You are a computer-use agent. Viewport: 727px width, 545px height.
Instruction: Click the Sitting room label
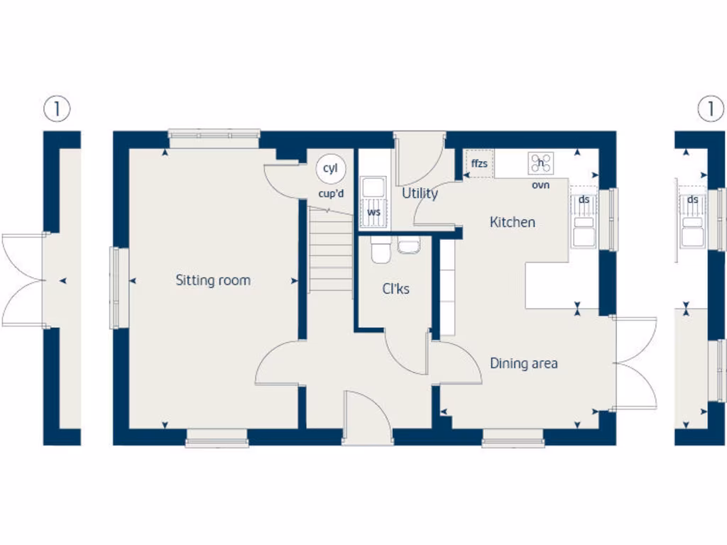tap(213, 280)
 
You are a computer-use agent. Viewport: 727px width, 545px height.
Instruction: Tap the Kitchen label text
tap(513, 222)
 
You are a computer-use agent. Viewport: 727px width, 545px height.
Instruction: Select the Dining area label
tap(524, 363)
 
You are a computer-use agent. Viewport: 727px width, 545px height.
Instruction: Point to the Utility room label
tap(420, 193)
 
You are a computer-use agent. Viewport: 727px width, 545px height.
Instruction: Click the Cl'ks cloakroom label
tap(395, 289)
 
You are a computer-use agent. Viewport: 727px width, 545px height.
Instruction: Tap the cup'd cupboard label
tap(331, 193)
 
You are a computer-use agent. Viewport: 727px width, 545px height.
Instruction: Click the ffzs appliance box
tap(480, 164)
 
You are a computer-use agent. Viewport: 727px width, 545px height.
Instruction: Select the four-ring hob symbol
tap(540, 163)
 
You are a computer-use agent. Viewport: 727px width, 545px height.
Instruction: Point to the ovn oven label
tap(540, 185)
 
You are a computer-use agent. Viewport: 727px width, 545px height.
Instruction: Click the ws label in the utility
tap(373, 211)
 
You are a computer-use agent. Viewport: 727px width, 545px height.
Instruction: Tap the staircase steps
tap(331, 252)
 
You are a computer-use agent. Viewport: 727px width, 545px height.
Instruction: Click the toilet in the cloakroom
tap(381, 249)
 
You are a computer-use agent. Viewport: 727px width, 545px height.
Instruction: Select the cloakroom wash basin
tap(408, 246)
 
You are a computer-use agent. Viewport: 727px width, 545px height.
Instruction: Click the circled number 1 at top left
tap(58, 109)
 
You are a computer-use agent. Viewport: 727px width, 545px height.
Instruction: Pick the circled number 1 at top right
tap(709, 109)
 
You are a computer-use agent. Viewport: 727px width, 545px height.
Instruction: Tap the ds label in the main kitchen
tap(584, 199)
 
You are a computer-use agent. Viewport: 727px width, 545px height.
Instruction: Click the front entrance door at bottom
tap(367, 419)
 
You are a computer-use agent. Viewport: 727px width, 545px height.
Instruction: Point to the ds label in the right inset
tap(692, 199)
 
